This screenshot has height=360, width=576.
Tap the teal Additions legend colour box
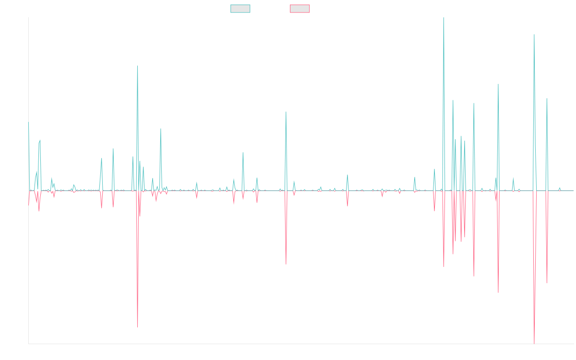click(240, 9)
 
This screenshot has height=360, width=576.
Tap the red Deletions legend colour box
click(300, 9)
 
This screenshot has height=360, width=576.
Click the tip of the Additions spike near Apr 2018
click(137, 66)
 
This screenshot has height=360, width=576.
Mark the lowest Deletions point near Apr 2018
click(137, 327)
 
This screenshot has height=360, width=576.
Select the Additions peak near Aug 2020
click(286, 112)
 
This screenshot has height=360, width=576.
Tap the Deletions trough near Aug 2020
click(286, 264)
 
